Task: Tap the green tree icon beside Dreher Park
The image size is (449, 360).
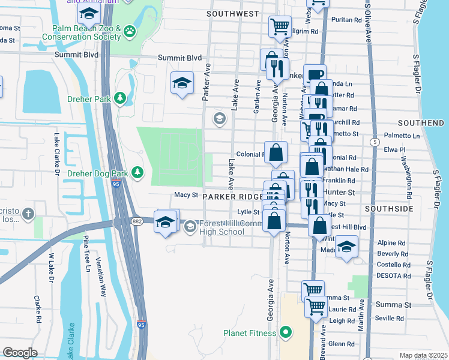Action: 120,97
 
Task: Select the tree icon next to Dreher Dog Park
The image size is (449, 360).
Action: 138,173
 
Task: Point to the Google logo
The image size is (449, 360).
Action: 20,353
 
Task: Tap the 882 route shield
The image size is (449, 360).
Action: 120,221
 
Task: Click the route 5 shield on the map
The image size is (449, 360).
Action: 375,142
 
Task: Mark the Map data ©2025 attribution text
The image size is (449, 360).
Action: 423,355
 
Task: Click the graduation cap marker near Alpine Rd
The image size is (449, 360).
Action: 346,246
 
